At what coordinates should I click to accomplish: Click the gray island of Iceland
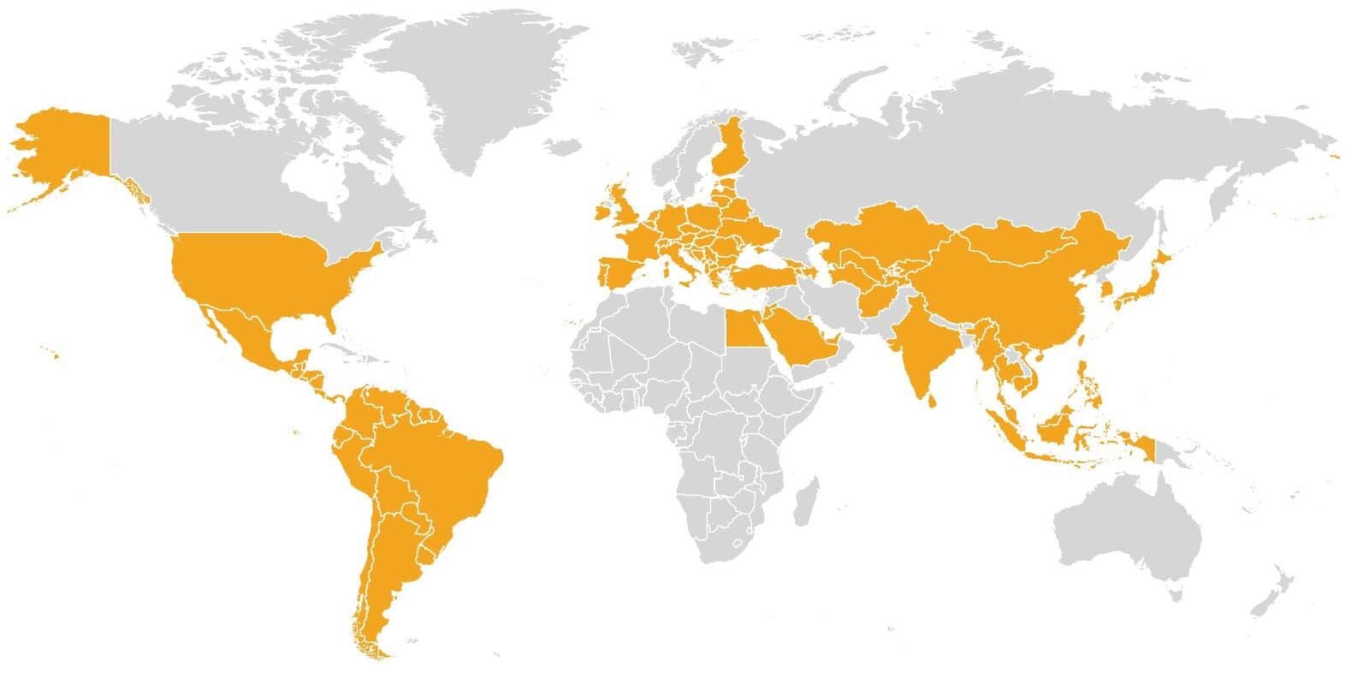(565, 146)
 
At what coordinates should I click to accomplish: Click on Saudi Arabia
(804, 338)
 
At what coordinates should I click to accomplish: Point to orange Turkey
(762, 276)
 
